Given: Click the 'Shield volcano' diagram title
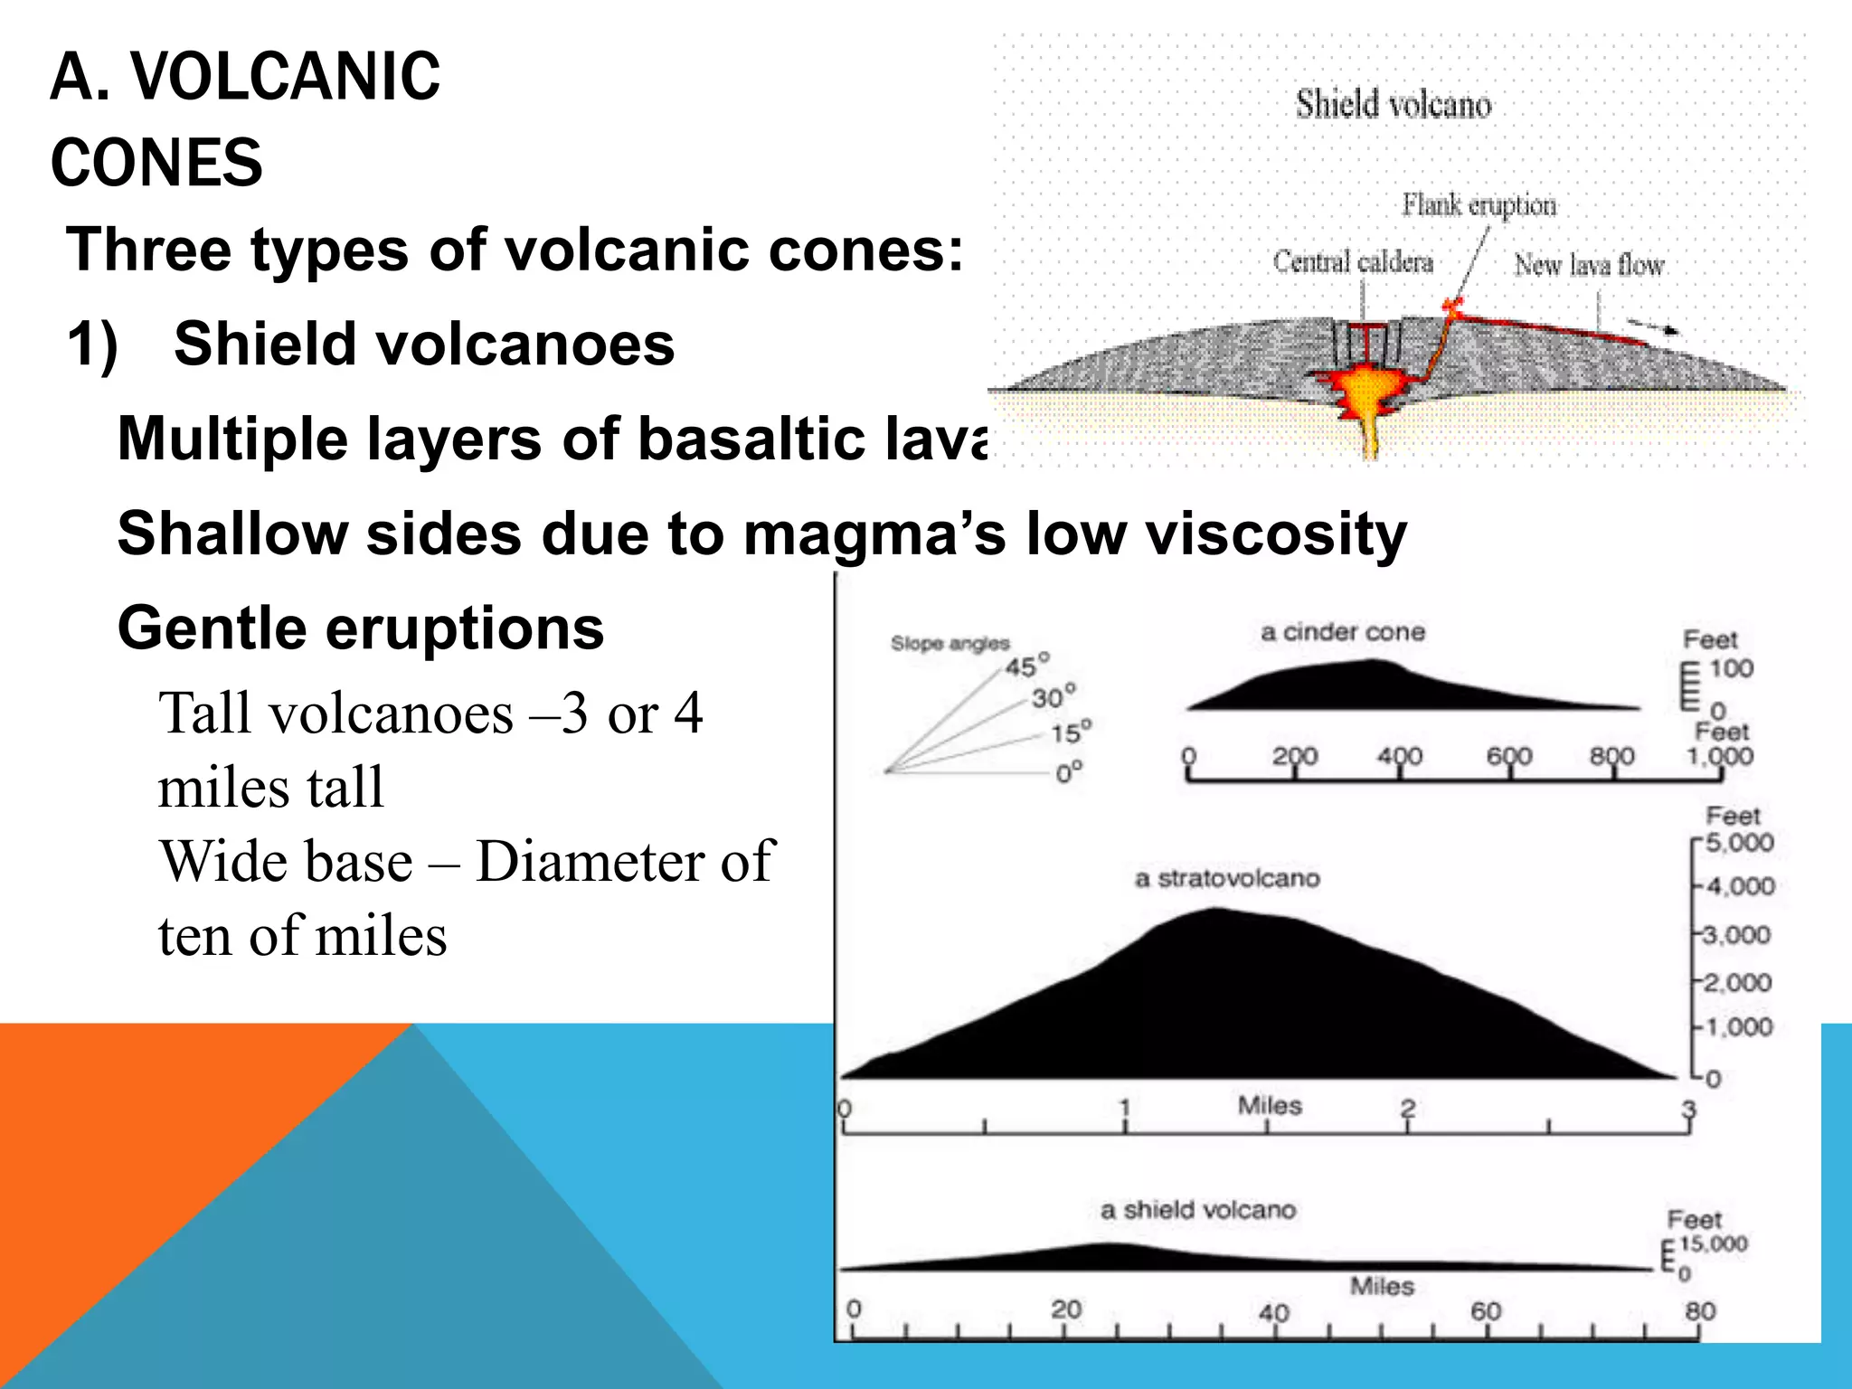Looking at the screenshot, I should click(x=1394, y=104).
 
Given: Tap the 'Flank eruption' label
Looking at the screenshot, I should click(x=1479, y=205).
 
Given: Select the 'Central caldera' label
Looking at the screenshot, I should click(x=1353, y=262).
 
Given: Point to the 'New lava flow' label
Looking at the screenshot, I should click(x=1589, y=265).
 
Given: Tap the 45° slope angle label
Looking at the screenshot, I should click(x=1027, y=666).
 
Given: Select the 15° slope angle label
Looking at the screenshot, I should click(x=1071, y=732).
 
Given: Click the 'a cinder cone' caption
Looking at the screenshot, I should click(x=1343, y=632).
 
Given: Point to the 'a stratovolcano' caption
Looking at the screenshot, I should click(x=1227, y=878).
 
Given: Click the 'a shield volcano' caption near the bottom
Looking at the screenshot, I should click(x=1198, y=1210).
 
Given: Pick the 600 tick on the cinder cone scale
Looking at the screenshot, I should click(x=1508, y=756).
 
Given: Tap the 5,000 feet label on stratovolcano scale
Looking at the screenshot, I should click(x=1739, y=843).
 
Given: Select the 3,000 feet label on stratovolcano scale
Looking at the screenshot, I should click(x=1736, y=934).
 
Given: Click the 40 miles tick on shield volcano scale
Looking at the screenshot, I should click(x=1274, y=1313).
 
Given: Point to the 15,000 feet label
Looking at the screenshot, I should click(x=1713, y=1244).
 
